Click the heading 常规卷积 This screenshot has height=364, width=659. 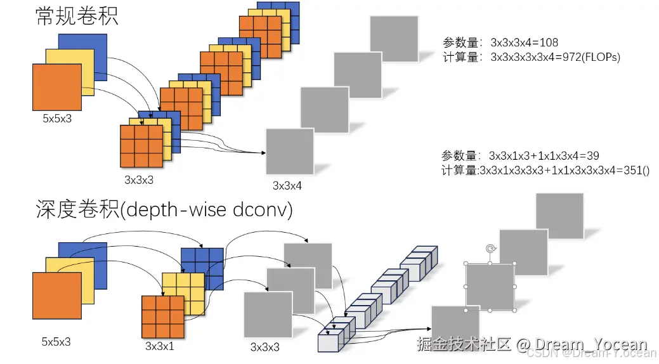(x=76, y=16)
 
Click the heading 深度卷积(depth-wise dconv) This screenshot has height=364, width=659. (x=164, y=210)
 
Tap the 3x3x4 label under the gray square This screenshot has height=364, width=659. (x=287, y=186)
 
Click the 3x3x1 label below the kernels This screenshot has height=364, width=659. (x=160, y=346)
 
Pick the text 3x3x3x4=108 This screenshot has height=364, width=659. (x=524, y=42)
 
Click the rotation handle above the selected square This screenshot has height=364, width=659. (x=490, y=249)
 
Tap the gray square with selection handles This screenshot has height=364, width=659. (x=490, y=287)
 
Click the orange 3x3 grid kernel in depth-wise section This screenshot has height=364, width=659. (x=162, y=317)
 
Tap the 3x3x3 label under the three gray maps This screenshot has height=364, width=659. (x=265, y=347)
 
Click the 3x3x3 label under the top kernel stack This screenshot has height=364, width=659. (x=139, y=180)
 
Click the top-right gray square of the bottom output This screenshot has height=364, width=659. (x=559, y=216)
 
